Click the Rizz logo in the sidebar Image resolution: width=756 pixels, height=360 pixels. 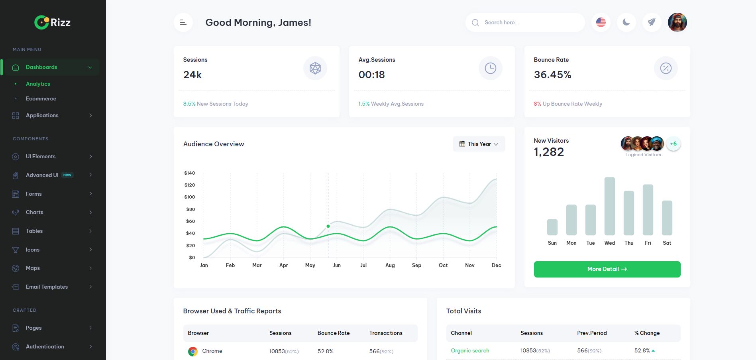[52, 22]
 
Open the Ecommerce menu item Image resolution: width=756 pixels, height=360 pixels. [41, 98]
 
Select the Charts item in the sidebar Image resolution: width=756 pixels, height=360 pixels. [35, 212]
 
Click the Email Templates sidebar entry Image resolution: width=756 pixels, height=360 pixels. [47, 287]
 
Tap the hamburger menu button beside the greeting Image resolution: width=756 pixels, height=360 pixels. [183, 22]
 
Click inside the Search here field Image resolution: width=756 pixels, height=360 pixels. [526, 22]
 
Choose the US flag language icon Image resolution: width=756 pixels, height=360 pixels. [601, 22]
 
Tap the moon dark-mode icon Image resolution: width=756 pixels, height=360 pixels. [626, 22]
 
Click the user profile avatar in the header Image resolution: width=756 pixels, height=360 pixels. [677, 22]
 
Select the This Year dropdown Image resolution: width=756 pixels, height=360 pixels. [479, 144]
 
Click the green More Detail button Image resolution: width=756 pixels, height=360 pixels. [607, 269]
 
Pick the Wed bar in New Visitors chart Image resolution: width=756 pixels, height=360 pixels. [609, 206]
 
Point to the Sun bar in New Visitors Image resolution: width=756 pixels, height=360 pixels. [552, 227]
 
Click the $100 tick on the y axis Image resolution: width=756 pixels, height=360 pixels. [190, 197]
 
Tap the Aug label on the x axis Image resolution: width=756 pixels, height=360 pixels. [390, 265]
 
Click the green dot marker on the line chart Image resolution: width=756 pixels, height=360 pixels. [328, 226]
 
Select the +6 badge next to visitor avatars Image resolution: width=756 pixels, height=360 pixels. [673, 144]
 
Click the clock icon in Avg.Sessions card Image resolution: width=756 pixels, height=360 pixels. [490, 68]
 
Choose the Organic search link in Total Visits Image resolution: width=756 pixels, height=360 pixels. [470, 350]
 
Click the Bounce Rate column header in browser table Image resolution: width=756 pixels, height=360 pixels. [333, 333]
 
